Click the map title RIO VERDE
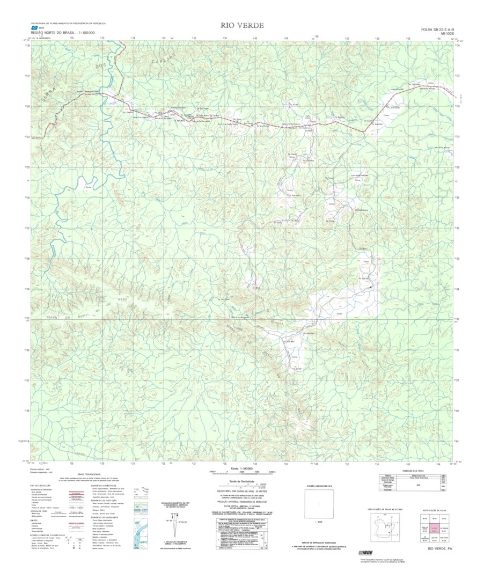click(x=242, y=26)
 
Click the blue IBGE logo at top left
click(x=35, y=28)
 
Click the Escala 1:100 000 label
click(x=241, y=468)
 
